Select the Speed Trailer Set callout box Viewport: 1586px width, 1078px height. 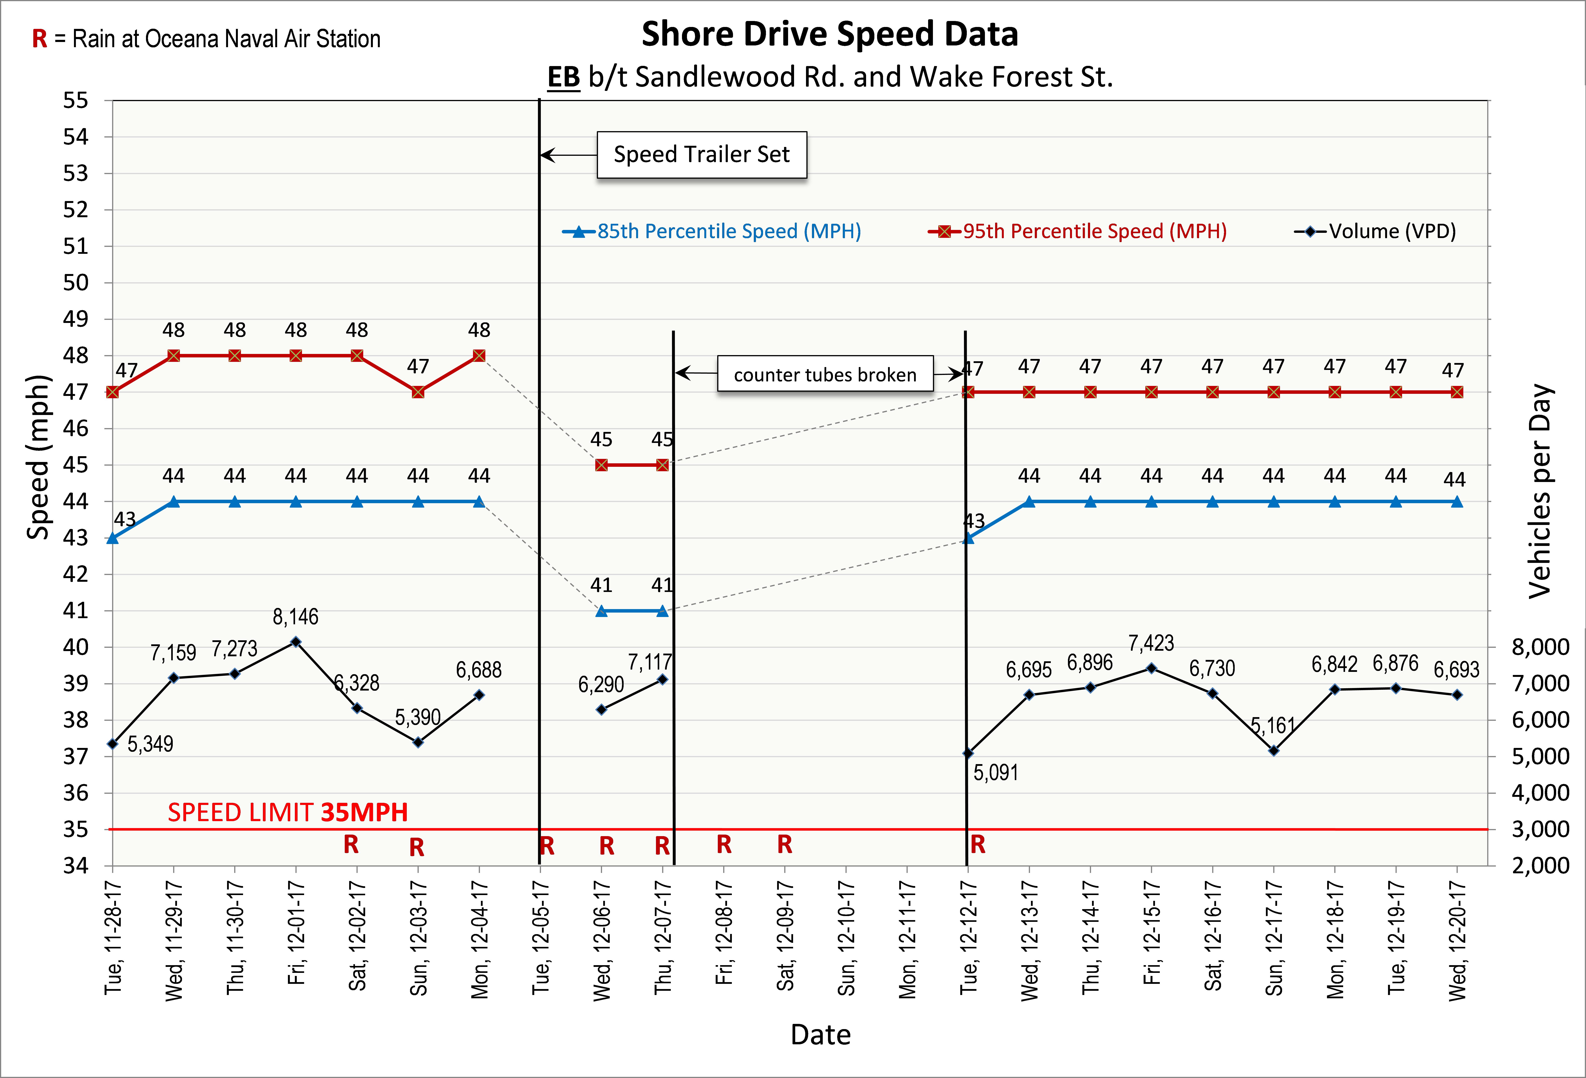point(702,155)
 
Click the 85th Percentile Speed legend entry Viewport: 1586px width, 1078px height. point(712,231)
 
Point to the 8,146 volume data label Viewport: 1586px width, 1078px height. point(295,617)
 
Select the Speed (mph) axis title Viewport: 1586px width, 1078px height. point(38,457)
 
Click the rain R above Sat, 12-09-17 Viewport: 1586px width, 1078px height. point(785,845)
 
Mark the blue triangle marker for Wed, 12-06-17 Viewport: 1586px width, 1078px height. point(601,611)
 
